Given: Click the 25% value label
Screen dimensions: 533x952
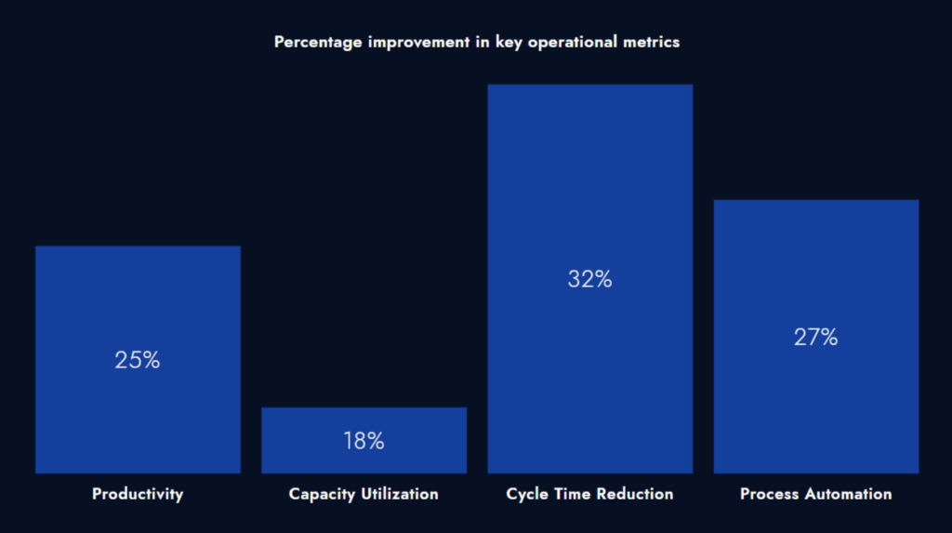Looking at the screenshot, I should point(138,360).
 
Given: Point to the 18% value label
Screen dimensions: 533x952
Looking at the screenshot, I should point(364,441).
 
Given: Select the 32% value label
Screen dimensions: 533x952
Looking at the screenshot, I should point(589,278).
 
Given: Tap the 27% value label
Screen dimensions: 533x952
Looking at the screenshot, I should point(815,338).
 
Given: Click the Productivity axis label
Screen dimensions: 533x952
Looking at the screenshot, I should point(138,494).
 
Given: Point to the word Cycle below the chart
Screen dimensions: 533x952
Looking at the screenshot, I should point(527,494).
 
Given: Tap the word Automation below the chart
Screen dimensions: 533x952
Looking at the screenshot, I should point(847,494).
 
